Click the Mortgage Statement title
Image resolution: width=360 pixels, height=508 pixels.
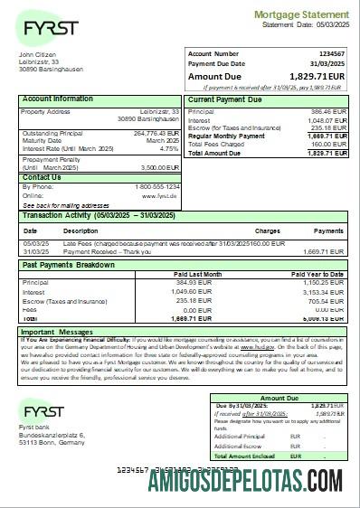point(300,15)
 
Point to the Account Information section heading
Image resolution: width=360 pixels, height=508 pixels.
point(58,99)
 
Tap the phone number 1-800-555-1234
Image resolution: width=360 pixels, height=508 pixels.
point(156,186)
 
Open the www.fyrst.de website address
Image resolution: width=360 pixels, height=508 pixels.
point(163,194)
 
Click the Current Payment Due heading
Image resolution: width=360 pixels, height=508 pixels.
point(226,99)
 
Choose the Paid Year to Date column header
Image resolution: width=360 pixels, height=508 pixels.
point(318,272)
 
